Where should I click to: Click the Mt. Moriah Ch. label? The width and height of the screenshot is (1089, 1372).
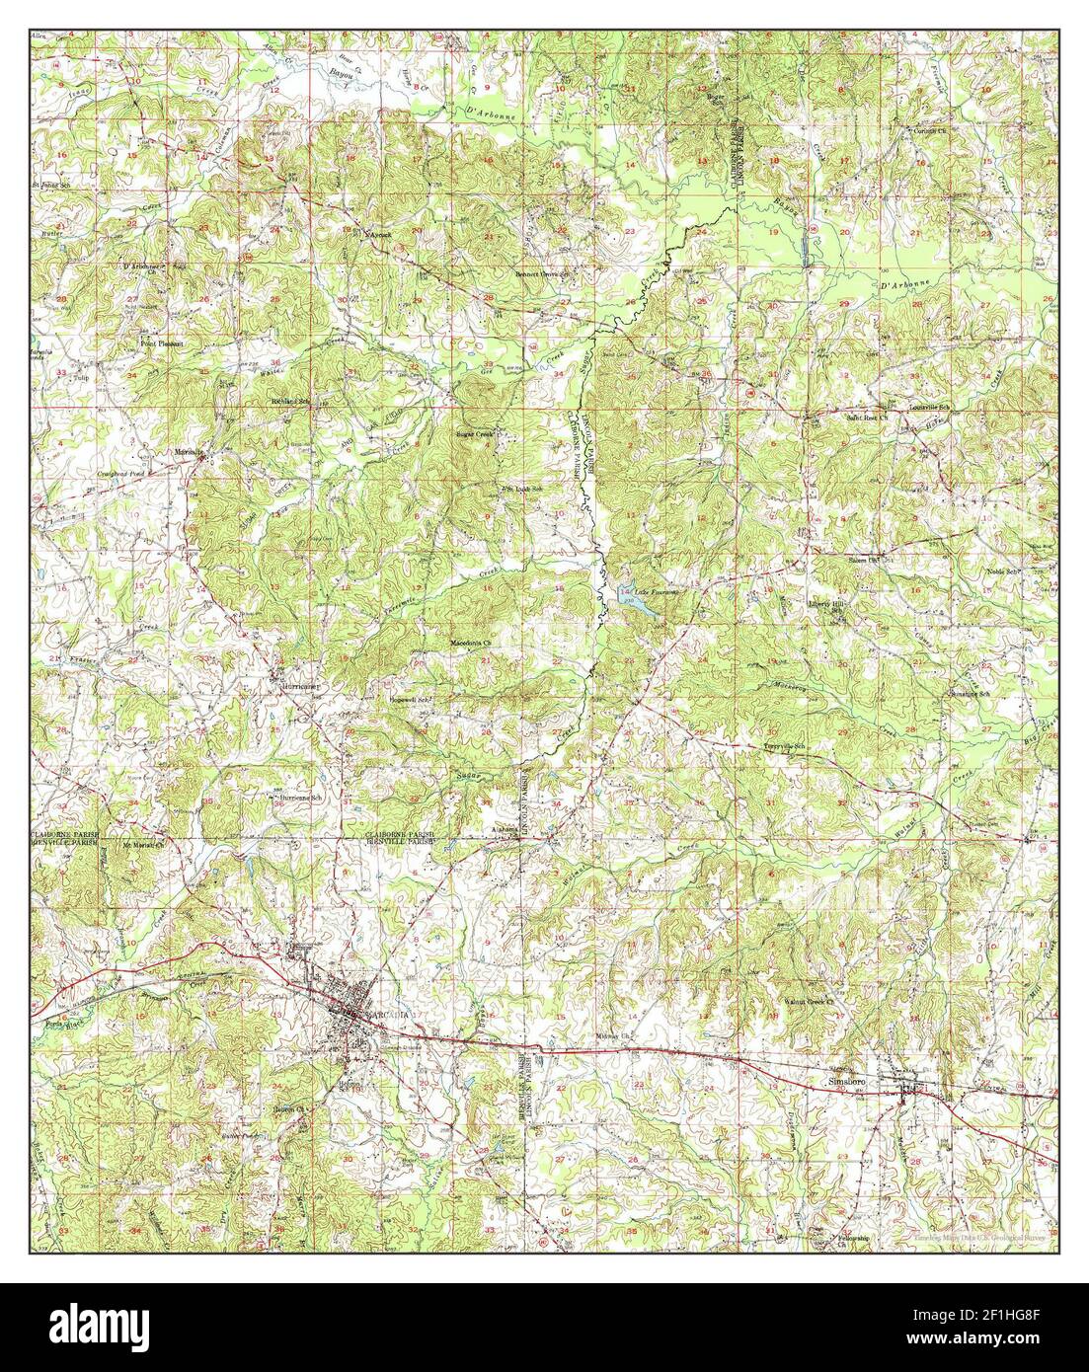[x=141, y=844]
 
